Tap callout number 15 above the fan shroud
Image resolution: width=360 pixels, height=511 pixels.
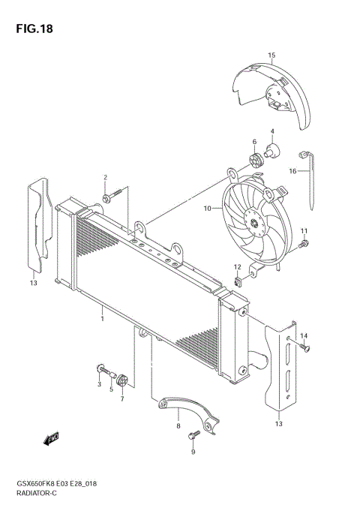tap(271, 55)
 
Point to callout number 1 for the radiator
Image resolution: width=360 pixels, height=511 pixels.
tap(101, 319)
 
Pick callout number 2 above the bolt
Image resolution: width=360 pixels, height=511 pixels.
tap(105, 178)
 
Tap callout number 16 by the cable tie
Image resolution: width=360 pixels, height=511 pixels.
tap(292, 171)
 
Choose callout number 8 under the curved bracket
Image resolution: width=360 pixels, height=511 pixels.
tap(178, 426)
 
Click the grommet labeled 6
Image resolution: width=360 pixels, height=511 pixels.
tap(256, 159)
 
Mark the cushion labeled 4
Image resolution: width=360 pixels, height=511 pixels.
tap(273, 148)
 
